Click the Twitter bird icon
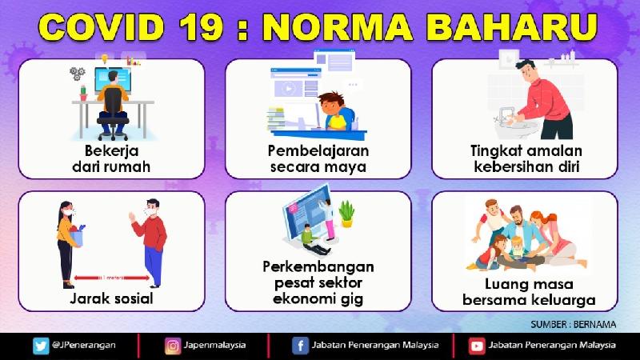point(41,346)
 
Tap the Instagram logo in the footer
point(173,346)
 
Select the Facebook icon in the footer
point(300,346)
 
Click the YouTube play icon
point(476,346)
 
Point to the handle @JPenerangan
point(84,346)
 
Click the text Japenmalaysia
point(214,346)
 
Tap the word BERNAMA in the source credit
point(594,325)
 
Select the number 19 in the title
point(201,27)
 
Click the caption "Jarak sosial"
point(111,298)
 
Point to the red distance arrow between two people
point(111,278)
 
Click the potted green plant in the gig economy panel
point(346,214)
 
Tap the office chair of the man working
point(113,114)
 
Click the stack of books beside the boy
point(276,118)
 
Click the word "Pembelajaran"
point(318,150)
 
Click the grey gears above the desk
point(77,74)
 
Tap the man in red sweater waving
point(151,242)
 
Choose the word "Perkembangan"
point(318,267)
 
